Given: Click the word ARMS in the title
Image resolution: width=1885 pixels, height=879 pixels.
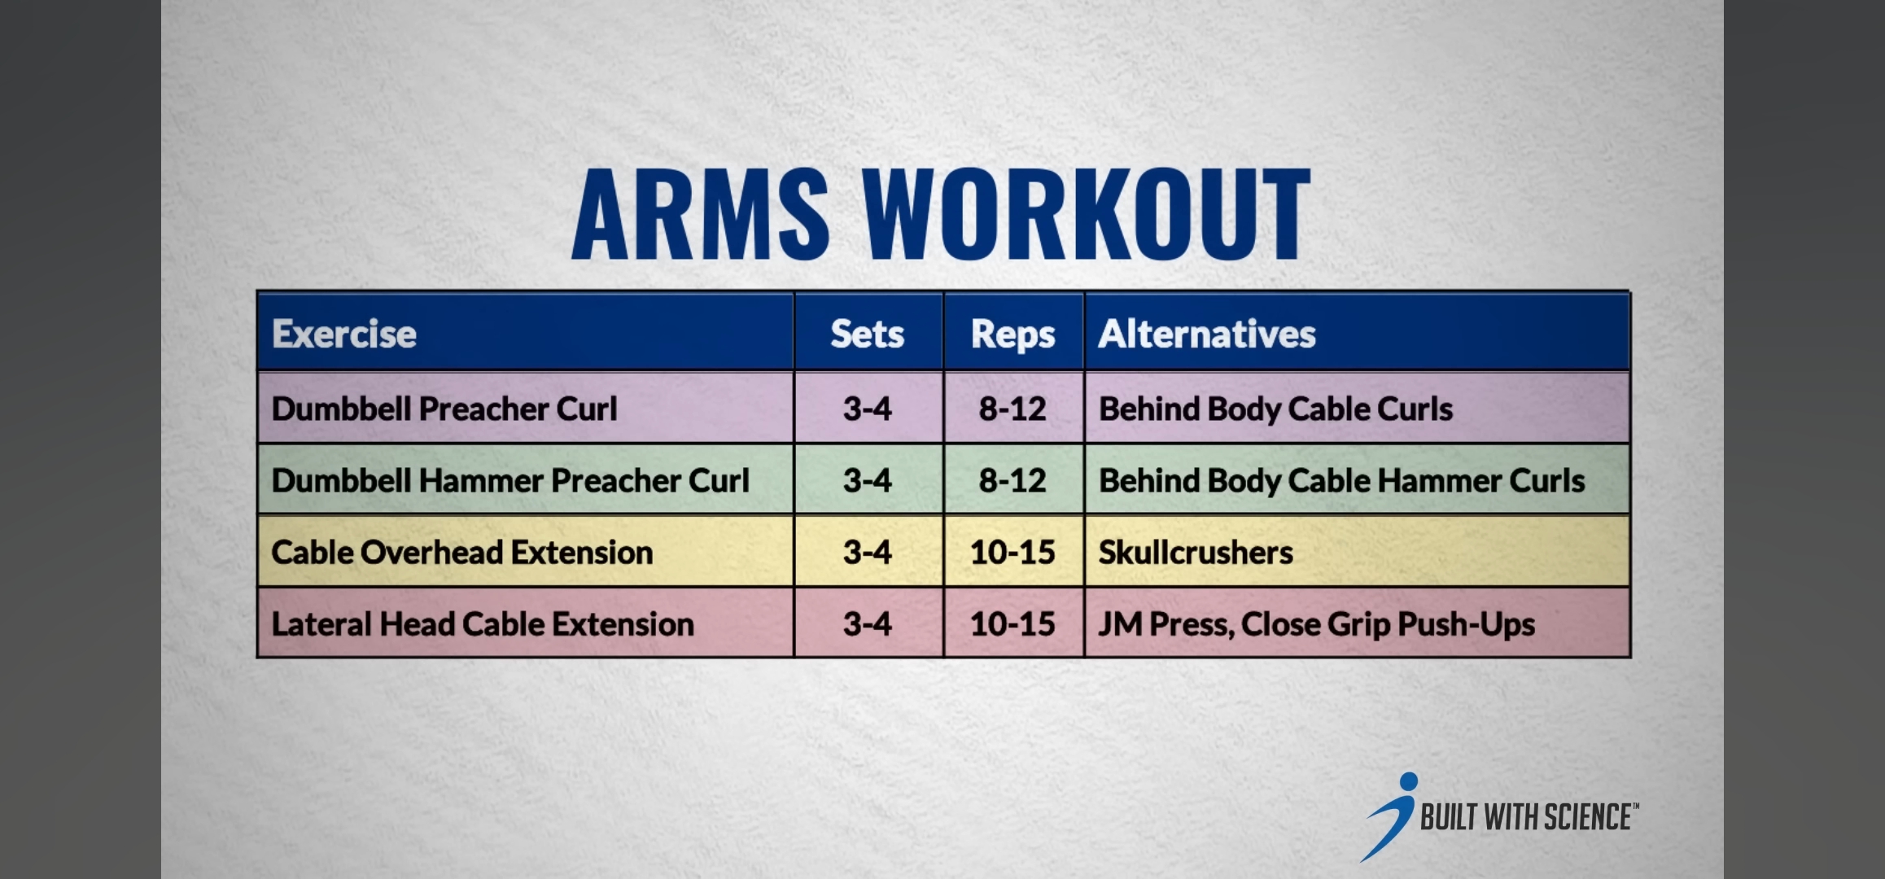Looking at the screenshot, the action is (701, 213).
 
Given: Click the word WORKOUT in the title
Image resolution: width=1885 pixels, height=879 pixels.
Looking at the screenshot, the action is (1087, 213).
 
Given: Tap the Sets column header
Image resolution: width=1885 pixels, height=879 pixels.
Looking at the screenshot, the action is (868, 334).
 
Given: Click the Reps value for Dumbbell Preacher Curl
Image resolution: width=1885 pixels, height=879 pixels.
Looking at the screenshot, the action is (1012, 409).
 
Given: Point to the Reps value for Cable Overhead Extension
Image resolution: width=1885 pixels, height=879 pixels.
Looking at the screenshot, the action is (1012, 553).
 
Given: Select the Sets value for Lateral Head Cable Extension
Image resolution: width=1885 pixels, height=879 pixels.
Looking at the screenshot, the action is (868, 624).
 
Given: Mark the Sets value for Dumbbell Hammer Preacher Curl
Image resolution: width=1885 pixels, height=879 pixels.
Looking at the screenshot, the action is (868, 480).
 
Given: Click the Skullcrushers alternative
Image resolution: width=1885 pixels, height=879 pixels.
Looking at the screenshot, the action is (1196, 553).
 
